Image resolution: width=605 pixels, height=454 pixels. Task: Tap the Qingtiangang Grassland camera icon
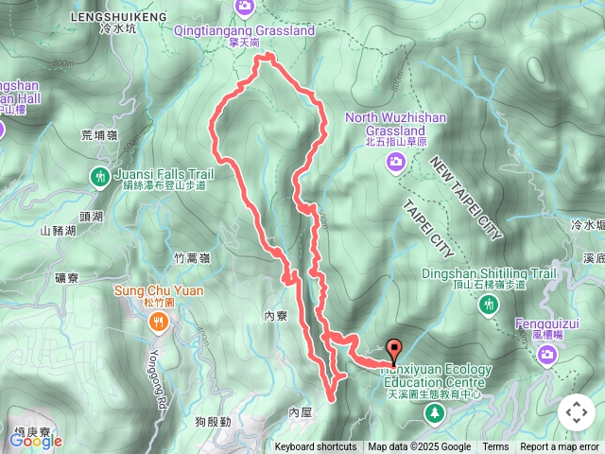click(x=245, y=9)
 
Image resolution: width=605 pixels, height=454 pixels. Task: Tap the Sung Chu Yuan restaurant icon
click(x=158, y=323)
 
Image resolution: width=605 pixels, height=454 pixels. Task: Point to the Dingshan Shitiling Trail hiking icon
click(x=488, y=305)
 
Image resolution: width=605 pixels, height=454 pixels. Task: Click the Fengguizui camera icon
click(x=546, y=355)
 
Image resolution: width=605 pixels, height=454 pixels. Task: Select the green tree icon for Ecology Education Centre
click(x=434, y=413)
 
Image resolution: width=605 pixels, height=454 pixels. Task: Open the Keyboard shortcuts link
click(x=316, y=447)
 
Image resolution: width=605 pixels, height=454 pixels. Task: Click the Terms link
click(x=495, y=447)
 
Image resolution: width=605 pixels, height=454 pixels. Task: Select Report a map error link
click(x=560, y=447)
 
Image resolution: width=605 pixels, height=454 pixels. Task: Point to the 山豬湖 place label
click(x=58, y=232)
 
